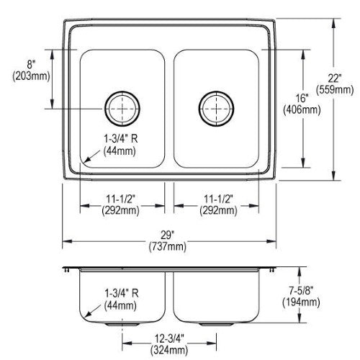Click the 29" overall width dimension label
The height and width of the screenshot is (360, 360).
167,235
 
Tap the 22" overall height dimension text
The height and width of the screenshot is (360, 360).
335,78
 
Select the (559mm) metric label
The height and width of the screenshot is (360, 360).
335,90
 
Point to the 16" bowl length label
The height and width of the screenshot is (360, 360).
302,98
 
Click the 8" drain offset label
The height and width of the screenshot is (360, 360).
31,65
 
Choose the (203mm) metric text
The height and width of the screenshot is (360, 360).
31,76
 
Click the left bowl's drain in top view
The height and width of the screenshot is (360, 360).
122,109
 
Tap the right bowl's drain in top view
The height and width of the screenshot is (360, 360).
216,109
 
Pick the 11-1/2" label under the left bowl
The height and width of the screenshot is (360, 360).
121,199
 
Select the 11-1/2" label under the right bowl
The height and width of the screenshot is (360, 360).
218,199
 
